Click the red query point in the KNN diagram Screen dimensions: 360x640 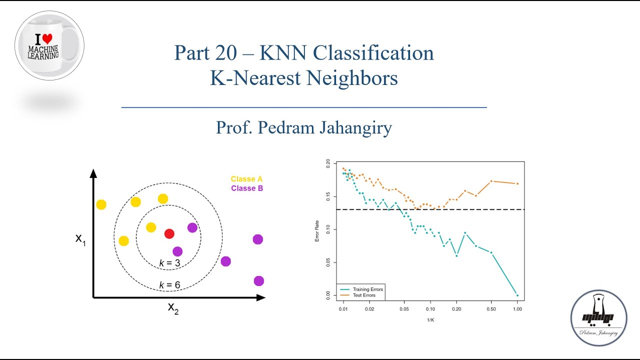pos(169,233)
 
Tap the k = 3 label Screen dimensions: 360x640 pos(169,262)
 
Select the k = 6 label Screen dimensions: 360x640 pos(169,285)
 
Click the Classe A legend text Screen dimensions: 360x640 pos(246,179)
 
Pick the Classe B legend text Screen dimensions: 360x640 pos(246,188)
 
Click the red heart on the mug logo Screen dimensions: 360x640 pos(47,38)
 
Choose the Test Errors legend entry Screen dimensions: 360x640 pos(363,295)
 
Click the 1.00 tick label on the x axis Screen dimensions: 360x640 pos(517,309)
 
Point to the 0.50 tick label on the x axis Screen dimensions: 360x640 pos(491,309)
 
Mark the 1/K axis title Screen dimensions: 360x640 pos(429,319)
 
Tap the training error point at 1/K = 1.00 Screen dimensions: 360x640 pos(517,295)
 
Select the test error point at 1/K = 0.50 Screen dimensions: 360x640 pos(491,181)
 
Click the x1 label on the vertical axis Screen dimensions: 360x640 pos(80,238)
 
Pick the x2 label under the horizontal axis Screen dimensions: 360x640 pos(173,307)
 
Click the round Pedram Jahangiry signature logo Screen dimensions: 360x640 pos(598,318)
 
